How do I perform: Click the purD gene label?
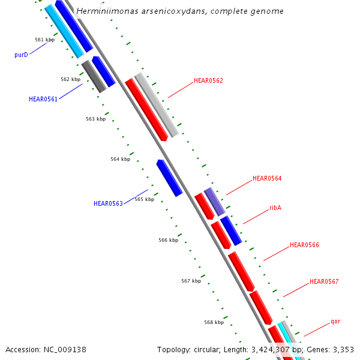pos(21,55)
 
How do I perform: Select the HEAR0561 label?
pos(43,100)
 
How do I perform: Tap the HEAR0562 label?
pos(208,80)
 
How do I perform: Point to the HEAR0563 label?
pos(108,203)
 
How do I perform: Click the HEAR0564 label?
pos(267,178)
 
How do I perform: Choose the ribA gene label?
pos(275,208)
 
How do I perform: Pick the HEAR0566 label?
pos(304,245)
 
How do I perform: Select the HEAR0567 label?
pos(324,281)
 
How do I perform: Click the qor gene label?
pos(335,321)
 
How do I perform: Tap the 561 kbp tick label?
pos(44,40)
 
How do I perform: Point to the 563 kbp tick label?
pos(95,119)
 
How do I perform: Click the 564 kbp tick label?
pos(120,159)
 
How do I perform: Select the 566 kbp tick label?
pos(168,240)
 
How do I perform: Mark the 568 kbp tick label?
pos(214,322)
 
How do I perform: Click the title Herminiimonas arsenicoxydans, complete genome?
pos(180,11)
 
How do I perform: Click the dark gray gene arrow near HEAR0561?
pos(94,76)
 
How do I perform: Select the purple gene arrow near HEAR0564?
pos(214,201)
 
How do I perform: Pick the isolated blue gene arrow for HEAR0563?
pos(169,178)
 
